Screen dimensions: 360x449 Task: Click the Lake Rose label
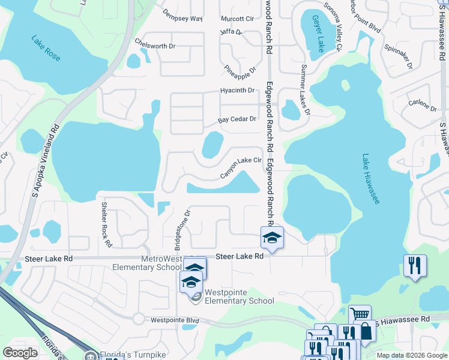pyautogui.click(x=47, y=48)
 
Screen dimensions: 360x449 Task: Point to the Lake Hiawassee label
pyautogui.click(x=370, y=179)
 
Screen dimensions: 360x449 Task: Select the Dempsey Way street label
pyautogui.click(x=183, y=19)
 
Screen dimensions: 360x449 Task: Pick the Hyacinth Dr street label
pyautogui.click(x=238, y=91)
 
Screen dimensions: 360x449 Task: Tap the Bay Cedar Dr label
pyautogui.click(x=237, y=119)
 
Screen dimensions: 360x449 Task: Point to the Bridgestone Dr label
pyautogui.click(x=179, y=230)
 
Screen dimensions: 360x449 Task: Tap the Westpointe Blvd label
pyautogui.click(x=175, y=320)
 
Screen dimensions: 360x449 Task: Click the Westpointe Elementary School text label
pyautogui.click(x=240, y=297)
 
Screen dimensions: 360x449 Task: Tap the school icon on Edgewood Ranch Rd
pyautogui.click(x=272, y=238)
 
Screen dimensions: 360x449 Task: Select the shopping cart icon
pyautogui.click(x=360, y=314)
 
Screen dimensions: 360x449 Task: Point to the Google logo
pyautogui.click(x=20, y=353)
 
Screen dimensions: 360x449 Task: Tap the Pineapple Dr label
pyautogui.click(x=240, y=73)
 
